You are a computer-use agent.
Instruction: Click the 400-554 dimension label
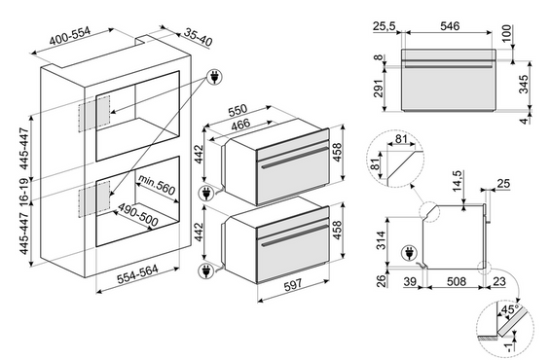tap(70, 36)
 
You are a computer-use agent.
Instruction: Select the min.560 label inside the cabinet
tap(156, 185)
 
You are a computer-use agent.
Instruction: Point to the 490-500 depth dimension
tap(137, 214)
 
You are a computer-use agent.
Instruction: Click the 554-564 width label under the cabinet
tap(137, 274)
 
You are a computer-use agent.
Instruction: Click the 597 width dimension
tap(293, 285)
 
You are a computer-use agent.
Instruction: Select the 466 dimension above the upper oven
tap(240, 126)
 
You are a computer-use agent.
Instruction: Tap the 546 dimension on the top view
tap(450, 26)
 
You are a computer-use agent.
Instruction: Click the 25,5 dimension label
tap(385, 26)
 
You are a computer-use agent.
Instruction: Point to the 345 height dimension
tap(523, 84)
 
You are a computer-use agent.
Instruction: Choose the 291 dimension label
tap(380, 89)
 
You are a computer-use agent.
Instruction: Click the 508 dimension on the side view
tap(457, 281)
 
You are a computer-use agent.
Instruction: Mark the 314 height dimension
tap(381, 240)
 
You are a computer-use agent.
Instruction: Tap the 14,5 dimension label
tap(458, 181)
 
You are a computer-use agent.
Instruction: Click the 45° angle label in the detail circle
tap(510, 309)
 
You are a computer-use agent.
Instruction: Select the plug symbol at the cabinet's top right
tap(214, 77)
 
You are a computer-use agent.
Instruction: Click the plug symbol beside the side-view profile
tap(409, 253)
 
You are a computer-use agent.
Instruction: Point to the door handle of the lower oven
tap(294, 235)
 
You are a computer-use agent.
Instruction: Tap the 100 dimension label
tap(507, 33)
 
